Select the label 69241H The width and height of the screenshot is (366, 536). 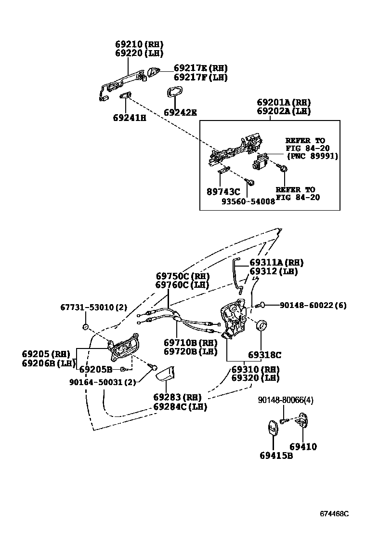point(130,117)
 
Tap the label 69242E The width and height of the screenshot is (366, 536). point(180,112)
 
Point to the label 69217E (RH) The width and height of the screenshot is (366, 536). point(200,68)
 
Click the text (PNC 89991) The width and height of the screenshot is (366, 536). point(312,156)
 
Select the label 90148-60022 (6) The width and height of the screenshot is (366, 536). point(313,305)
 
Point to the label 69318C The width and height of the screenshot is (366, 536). point(264,355)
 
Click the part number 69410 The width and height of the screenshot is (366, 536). point(303,447)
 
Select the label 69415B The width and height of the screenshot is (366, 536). point(276,456)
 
